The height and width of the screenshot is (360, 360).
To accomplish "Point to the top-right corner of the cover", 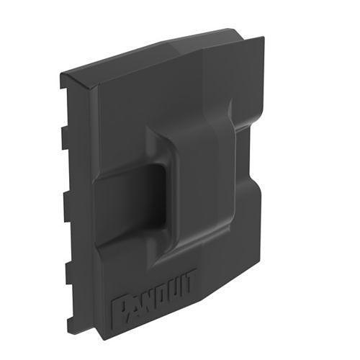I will pos(234,30).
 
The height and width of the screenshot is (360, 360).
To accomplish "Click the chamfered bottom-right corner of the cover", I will pos(248,270).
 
